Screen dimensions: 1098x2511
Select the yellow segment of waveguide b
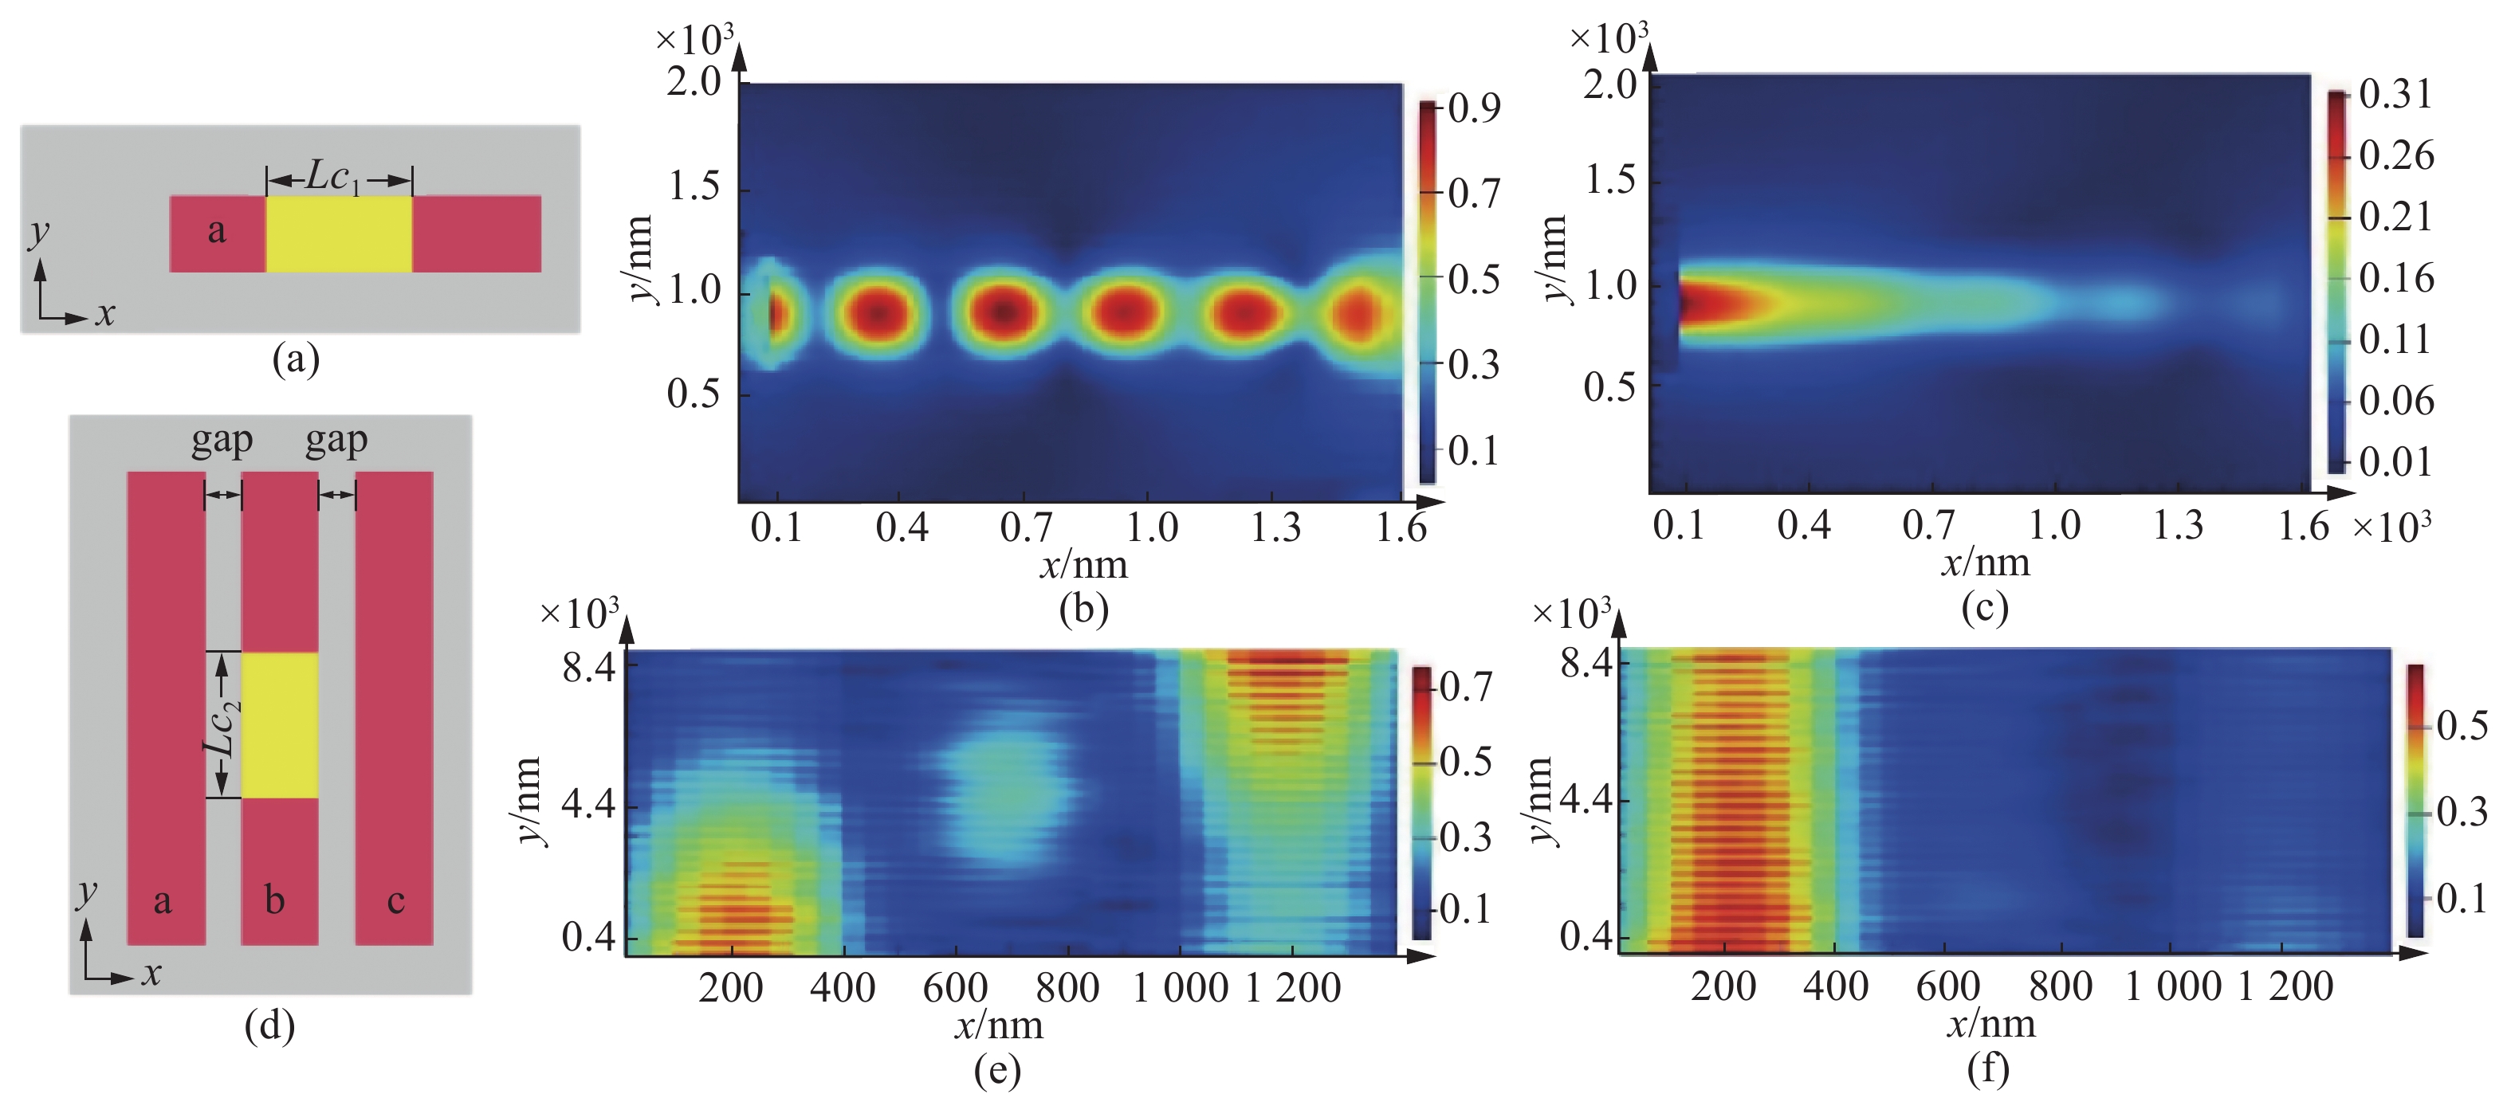pos(280,725)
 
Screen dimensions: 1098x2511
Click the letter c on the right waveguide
pos(395,900)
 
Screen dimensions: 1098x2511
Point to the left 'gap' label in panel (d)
pos(222,441)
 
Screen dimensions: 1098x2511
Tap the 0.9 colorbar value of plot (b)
pos(1474,108)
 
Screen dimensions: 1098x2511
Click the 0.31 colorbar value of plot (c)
pos(2395,95)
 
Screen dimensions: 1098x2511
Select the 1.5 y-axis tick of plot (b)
pos(694,186)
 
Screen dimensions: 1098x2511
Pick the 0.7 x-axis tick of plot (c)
pos(1928,525)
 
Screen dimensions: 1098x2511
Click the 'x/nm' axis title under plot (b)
pos(1084,565)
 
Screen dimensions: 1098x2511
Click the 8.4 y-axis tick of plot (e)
pos(589,669)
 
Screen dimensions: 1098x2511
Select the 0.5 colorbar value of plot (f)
pos(2462,726)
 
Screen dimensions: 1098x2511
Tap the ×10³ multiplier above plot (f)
pos(1570,613)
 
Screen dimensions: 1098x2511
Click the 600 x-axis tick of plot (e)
pos(955,988)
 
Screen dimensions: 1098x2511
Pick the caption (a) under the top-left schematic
pos(297,359)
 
